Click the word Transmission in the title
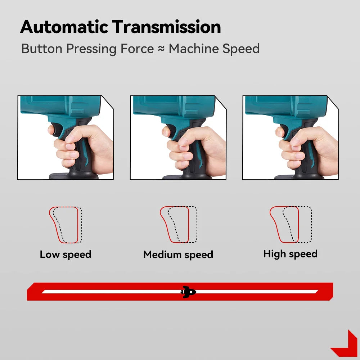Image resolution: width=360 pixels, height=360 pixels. pos(166,27)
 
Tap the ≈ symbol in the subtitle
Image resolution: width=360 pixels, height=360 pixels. pos(161,49)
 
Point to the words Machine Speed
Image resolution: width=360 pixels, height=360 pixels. pos(214,49)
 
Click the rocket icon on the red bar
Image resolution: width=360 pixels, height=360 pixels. pos(188,292)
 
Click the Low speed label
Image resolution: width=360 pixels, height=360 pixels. pos(66,255)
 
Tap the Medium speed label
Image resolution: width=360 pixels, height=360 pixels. pos(178,255)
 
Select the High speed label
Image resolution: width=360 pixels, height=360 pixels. pos(290,254)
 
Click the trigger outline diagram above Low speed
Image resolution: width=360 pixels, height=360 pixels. pos(66,225)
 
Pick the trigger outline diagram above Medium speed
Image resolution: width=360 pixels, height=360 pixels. pos(179,225)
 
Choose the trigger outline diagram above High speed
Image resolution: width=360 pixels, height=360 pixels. pos(291,225)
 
